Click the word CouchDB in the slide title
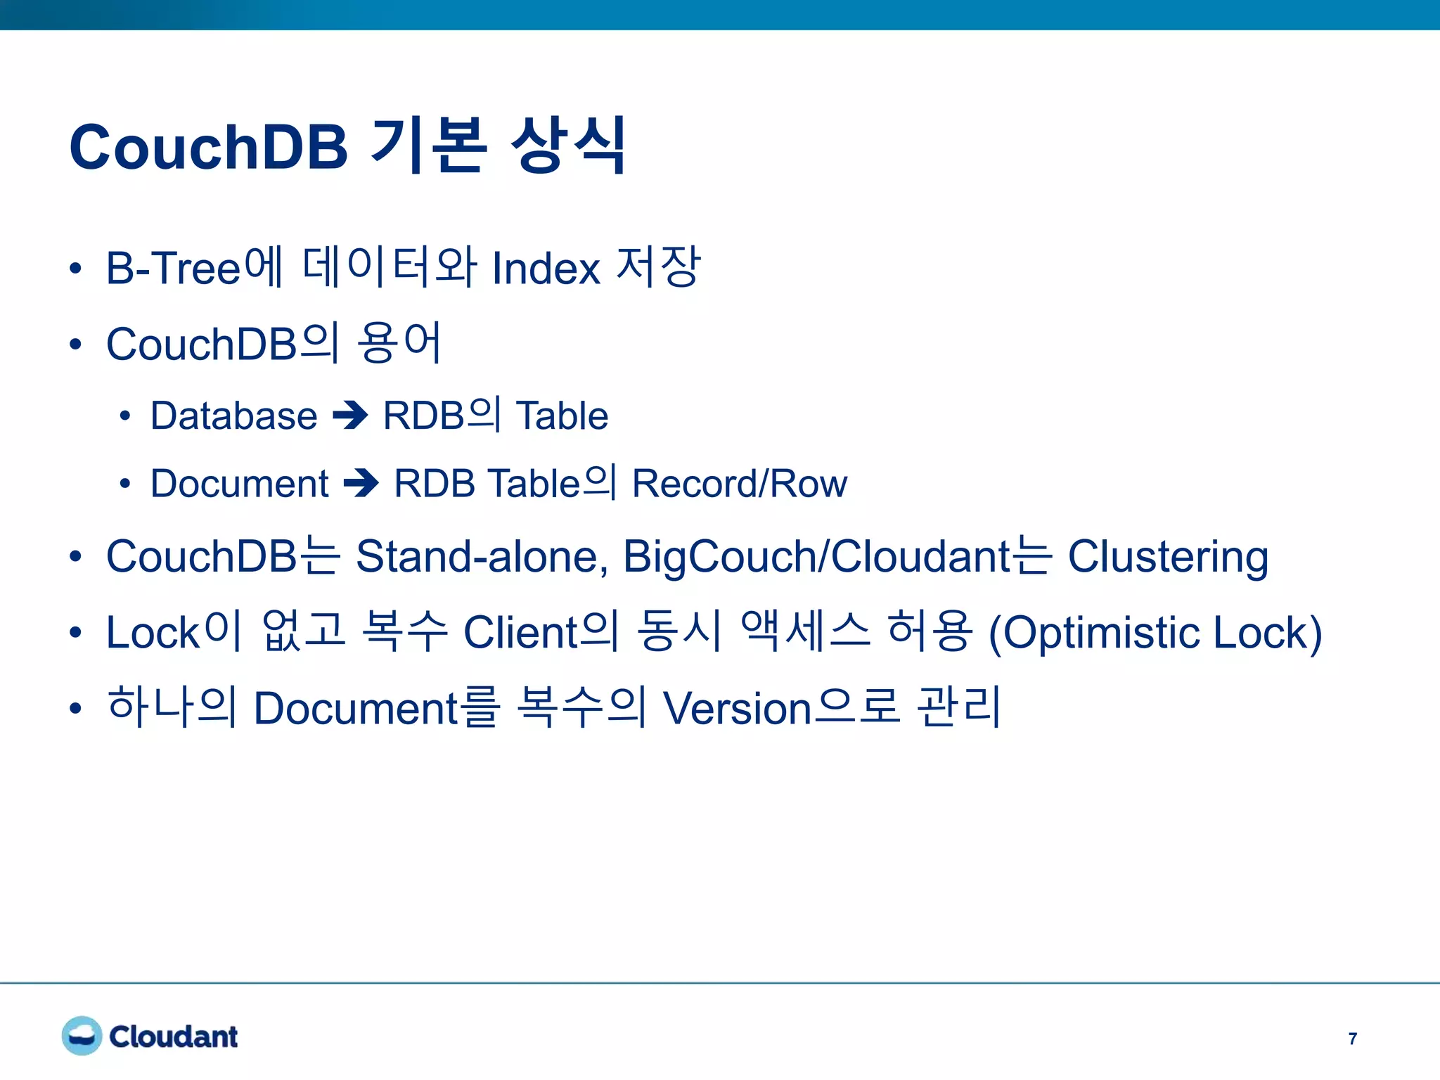209,147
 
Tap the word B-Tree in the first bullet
173,268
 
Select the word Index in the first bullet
546,268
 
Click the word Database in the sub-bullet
233,416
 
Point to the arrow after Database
350,415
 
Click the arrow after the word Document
361,483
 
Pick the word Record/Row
740,484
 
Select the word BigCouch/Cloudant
816,557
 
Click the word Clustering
1168,557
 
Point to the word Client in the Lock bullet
521,632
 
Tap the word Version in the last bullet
738,708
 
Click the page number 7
1353,1039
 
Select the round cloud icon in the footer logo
82,1036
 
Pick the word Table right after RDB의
562,416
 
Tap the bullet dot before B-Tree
75,269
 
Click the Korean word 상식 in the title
568,146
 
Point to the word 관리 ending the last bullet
959,707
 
